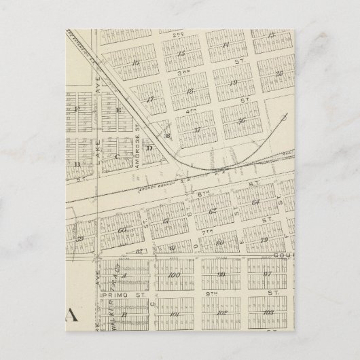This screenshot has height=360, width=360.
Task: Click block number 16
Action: pos(137,62)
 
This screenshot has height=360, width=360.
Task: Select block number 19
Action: pos(233,84)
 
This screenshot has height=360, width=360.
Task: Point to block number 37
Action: pos(198,129)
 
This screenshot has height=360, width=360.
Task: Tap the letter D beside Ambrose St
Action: pos(151,147)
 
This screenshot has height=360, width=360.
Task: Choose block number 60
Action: pos(123,230)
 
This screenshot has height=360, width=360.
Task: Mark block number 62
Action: pos(213,211)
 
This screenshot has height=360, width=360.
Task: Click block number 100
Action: pos(173,275)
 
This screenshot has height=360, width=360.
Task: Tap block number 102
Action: pos(223,313)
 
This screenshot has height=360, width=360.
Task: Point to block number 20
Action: pos(278,73)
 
